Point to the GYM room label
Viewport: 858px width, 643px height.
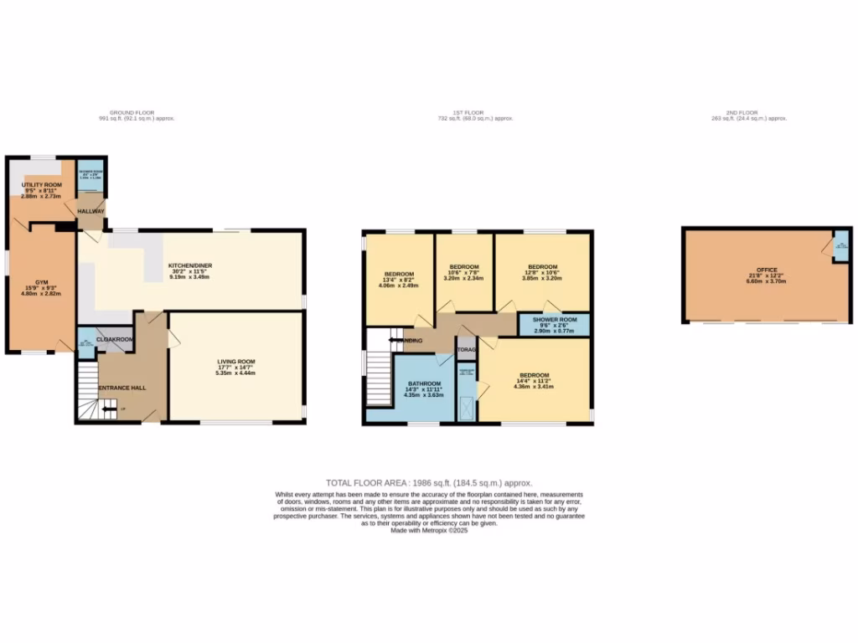click(x=42, y=282)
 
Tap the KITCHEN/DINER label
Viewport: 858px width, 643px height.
click(x=190, y=265)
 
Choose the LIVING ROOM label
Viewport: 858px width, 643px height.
click(x=235, y=362)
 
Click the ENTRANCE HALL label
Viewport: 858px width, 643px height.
click(x=123, y=388)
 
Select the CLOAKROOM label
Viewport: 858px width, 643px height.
click(x=115, y=339)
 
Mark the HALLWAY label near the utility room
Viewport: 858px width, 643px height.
click(x=90, y=211)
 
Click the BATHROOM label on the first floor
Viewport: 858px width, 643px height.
click(x=423, y=383)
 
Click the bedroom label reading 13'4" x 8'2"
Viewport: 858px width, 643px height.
click(x=399, y=274)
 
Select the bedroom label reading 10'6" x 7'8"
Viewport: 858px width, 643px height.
click(x=464, y=266)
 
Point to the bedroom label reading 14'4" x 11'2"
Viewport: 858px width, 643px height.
click(x=534, y=375)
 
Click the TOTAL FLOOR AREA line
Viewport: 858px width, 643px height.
click(x=429, y=483)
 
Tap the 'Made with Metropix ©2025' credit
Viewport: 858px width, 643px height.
click(x=429, y=530)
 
